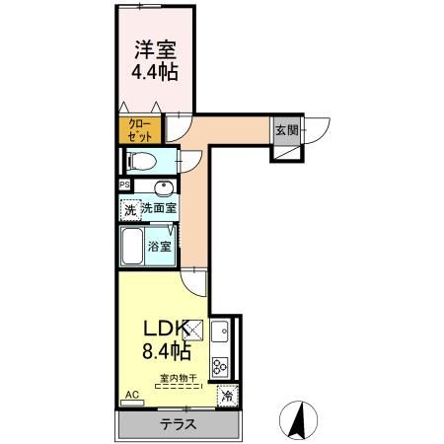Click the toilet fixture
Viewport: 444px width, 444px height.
pyautogui.click(x=141, y=162)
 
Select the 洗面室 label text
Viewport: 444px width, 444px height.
pyautogui.click(x=158, y=208)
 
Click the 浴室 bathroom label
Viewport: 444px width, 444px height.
pyautogui.click(x=162, y=247)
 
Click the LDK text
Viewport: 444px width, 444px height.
pyautogui.click(x=161, y=328)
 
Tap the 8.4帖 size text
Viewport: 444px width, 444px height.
pyautogui.click(x=163, y=350)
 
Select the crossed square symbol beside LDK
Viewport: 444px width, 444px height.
pyautogui.click(x=193, y=332)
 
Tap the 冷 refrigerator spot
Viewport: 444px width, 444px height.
pyautogui.click(x=227, y=396)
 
